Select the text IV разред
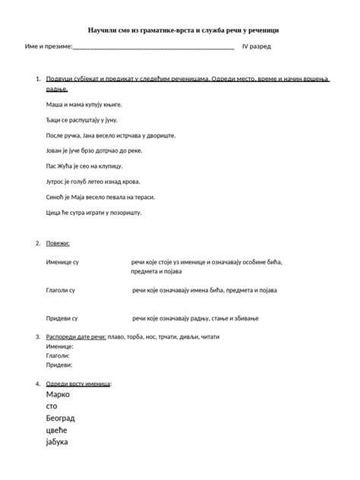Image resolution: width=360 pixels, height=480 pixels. point(257,46)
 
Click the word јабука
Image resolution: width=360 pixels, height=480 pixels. point(58,442)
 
